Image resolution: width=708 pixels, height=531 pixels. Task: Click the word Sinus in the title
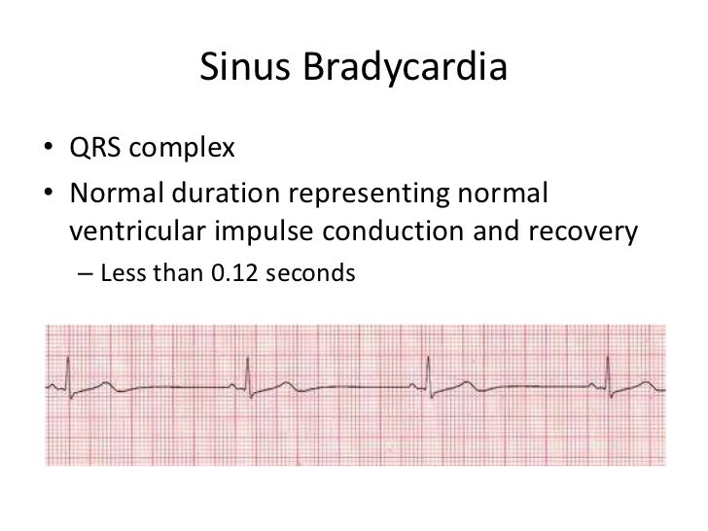pyautogui.click(x=240, y=69)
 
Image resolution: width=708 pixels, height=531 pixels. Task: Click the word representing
pyautogui.click(x=380, y=196)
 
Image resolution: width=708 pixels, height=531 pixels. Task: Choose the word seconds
pyautogui.click(x=313, y=275)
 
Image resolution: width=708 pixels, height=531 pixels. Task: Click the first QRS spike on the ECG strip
pyautogui.click(x=67, y=374)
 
